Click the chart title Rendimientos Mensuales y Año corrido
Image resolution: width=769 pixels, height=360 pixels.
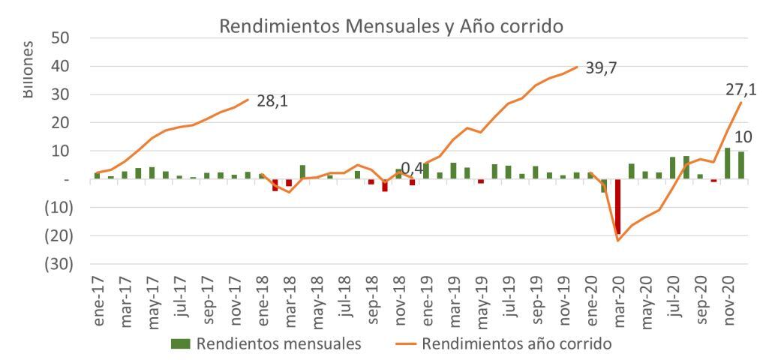pyautogui.click(x=391, y=25)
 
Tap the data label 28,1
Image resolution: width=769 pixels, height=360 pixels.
pyautogui.click(x=273, y=101)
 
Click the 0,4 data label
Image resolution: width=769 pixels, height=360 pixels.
pyautogui.click(x=413, y=170)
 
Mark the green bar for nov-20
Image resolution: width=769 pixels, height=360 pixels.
pyautogui.click(x=728, y=163)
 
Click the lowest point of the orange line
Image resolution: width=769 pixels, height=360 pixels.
pyautogui.click(x=618, y=240)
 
